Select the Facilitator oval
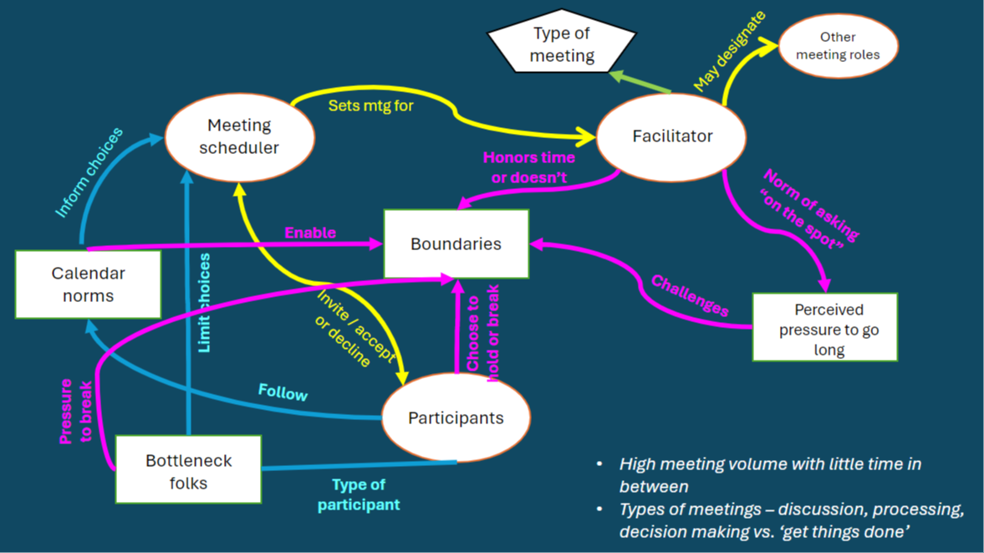pos(671,136)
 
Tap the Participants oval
pos(456,417)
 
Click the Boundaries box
pos(456,244)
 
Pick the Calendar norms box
pos(88,284)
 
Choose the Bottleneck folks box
pos(188,471)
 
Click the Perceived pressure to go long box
pos(824,328)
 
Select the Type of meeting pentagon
pos(562,44)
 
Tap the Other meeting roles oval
pos(838,46)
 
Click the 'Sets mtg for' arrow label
pos(370,106)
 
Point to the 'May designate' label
pos(729,52)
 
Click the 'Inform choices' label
pos(89,172)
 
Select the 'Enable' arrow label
pos(310,233)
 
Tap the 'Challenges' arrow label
pos(690,295)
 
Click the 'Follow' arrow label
pos(283,392)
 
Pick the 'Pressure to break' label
pos(75,411)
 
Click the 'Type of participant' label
pos(359,494)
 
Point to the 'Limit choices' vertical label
pos(204,302)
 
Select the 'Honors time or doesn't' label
pos(528,167)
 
